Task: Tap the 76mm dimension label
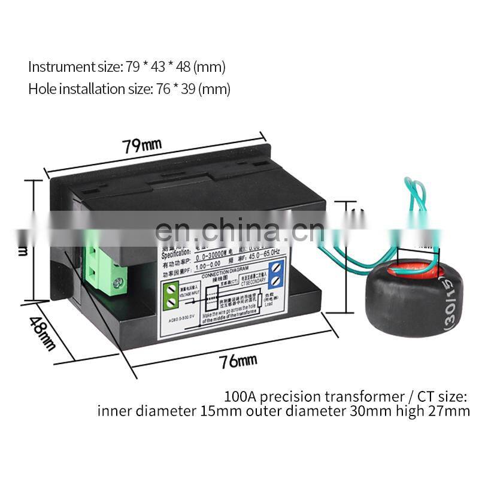tap(235, 360)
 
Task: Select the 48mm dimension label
tap(41, 334)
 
